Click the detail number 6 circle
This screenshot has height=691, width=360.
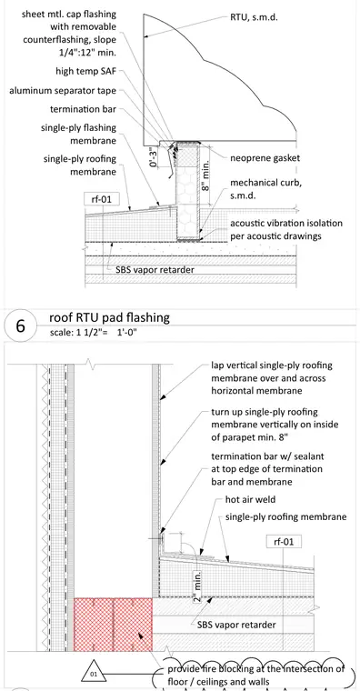20,326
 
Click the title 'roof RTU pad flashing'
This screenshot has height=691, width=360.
109,317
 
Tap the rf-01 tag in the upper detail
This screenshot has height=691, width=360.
102,199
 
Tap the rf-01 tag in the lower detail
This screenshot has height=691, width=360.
284,541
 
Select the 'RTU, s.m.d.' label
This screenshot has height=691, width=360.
255,17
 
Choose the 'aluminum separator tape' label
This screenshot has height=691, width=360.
63,91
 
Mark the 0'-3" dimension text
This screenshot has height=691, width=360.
154,157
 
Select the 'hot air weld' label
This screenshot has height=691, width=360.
250,500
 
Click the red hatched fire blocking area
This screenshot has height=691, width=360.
114,624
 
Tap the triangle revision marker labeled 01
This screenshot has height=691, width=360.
93,673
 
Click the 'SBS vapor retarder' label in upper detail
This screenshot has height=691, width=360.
155,269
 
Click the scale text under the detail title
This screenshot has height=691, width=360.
94,332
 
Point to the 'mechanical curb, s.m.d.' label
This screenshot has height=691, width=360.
265,188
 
